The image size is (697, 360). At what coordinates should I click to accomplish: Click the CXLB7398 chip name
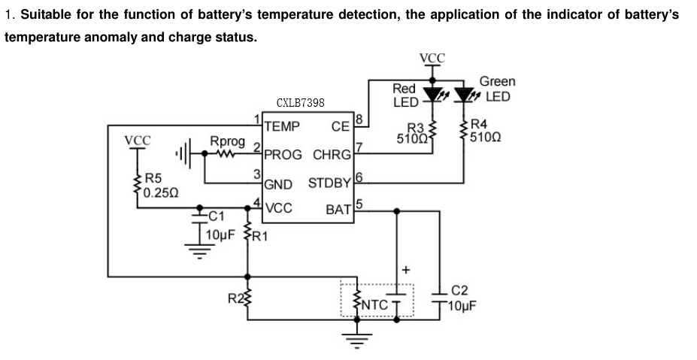[x=300, y=103]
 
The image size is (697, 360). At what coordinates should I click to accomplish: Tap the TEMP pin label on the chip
[x=282, y=126]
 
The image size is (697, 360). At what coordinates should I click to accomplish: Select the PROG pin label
[x=283, y=154]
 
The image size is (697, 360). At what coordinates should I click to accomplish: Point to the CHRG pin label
[x=332, y=155]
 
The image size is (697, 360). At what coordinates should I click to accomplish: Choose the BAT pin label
[x=339, y=210]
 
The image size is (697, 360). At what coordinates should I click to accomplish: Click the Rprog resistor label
[x=227, y=141]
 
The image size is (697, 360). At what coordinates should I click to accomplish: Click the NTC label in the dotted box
[x=375, y=304]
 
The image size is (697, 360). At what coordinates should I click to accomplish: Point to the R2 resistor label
[x=234, y=298]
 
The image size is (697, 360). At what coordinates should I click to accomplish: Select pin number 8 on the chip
[x=359, y=119]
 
